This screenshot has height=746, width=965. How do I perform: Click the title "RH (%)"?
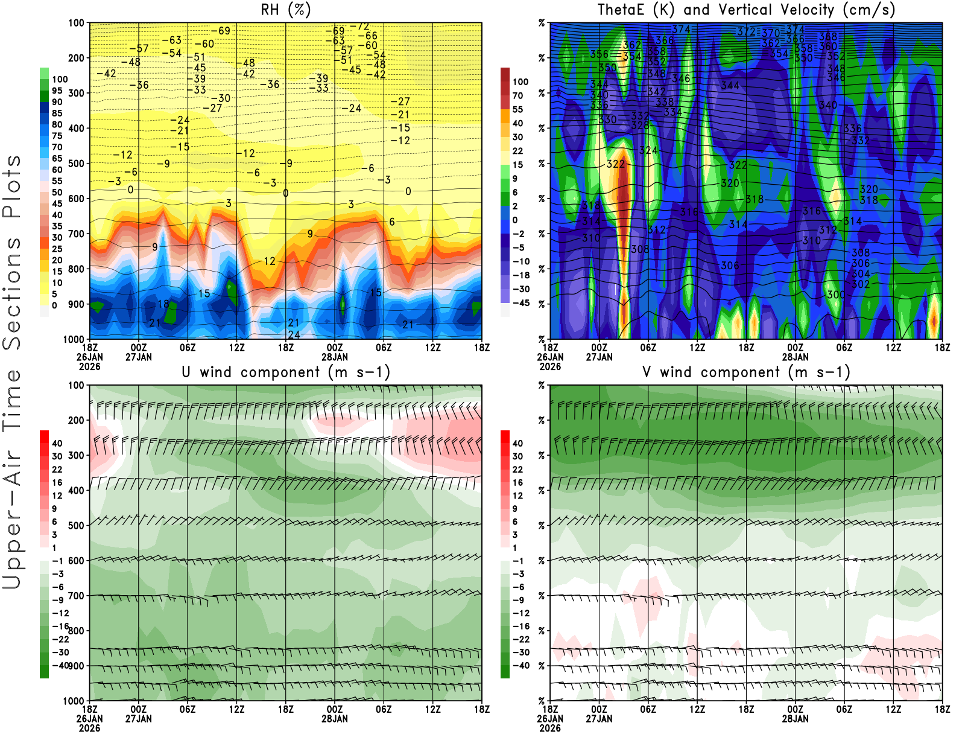tap(285, 10)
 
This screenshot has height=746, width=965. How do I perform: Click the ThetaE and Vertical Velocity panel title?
tap(746, 10)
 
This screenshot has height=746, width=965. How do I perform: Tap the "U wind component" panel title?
tap(285, 372)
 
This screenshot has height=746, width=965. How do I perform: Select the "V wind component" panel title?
tap(746, 372)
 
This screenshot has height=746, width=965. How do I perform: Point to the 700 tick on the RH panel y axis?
tap(77, 234)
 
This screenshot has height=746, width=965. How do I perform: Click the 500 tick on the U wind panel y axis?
tap(77, 525)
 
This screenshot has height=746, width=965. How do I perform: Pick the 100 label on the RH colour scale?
tap(60, 79)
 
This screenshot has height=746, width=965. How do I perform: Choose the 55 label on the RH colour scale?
tap(57, 181)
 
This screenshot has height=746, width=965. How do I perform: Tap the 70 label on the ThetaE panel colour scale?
tap(517, 95)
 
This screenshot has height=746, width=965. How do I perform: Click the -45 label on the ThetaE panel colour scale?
tap(520, 303)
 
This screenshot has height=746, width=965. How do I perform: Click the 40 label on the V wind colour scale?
tap(517, 443)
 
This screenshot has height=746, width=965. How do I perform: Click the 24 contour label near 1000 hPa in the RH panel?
tap(294, 334)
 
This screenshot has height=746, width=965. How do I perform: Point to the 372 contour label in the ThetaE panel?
tap(746, 31)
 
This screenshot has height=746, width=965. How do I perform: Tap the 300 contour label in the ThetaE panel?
tap(835, 295)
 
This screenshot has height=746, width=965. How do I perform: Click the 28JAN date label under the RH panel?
tap(335, 357)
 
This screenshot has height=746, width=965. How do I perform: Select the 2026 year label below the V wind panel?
tap(550, 728)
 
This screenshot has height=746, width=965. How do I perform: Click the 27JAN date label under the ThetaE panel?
tap(599, 357)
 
